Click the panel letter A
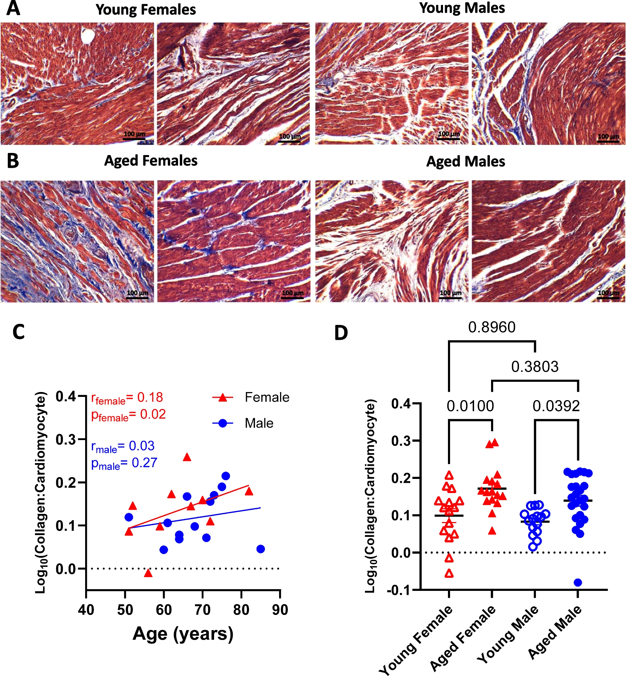[13, 8]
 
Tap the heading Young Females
[146, 10]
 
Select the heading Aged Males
[465, 161]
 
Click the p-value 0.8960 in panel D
[491, 327]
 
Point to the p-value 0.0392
[556, 406]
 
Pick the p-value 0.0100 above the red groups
[470, 406]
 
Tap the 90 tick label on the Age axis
[280, 610]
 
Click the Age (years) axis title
[183, 634]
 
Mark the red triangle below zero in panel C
[148, 573]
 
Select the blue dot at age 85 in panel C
[261, 549]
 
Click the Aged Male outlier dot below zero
[578, 582]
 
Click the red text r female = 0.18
[127, 398]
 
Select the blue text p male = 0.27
[124, 463]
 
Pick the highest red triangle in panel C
[187, 457]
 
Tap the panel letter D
[341, 333]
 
